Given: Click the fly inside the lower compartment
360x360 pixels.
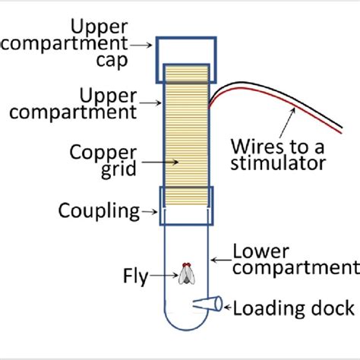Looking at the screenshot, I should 186,274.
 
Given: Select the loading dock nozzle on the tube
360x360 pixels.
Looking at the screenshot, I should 207,304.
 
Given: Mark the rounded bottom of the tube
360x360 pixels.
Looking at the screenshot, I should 186,325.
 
